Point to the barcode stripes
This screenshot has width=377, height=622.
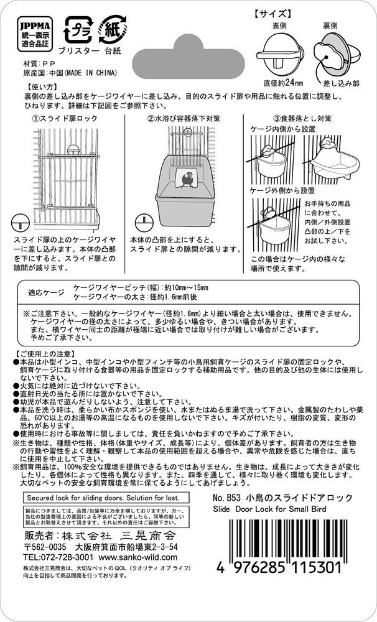[292, 538]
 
